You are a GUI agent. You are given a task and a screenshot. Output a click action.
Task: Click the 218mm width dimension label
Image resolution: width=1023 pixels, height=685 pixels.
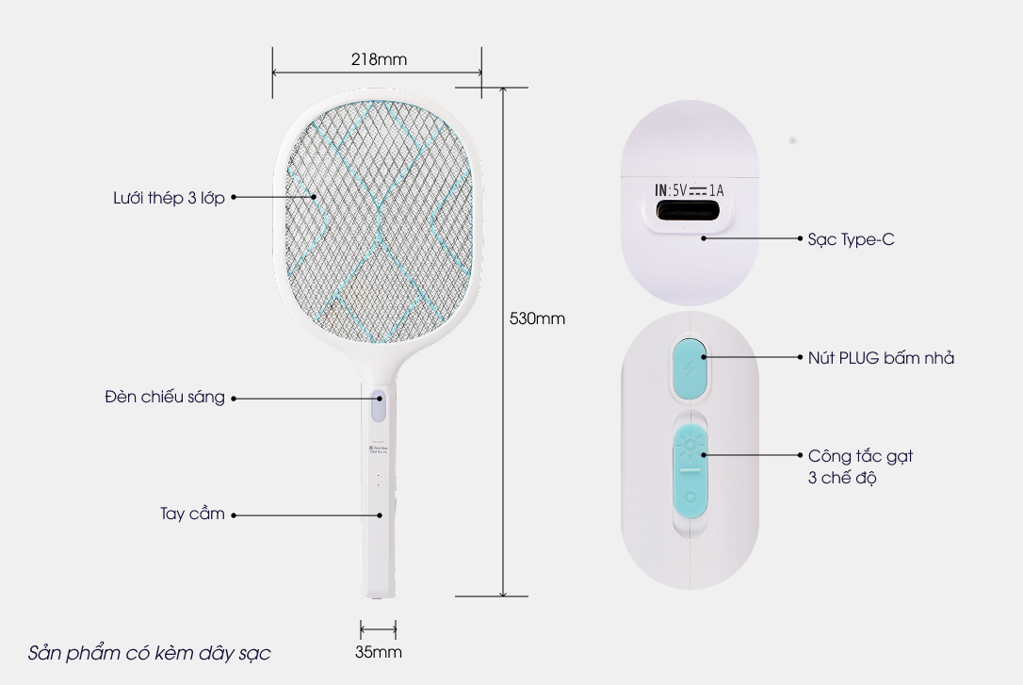click(379, 58)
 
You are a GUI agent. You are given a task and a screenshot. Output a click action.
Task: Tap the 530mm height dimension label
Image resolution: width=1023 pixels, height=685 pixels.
click(537, 318)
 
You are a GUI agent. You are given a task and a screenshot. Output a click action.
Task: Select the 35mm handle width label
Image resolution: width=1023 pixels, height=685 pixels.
click(377, 652)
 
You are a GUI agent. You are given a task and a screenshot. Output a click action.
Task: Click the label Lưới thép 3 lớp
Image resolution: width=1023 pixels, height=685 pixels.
click(167, 198)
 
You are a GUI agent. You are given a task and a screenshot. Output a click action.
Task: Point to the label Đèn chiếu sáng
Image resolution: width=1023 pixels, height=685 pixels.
click(165, 398)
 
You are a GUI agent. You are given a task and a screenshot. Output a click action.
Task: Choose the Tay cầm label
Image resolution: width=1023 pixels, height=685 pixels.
click(192, 514)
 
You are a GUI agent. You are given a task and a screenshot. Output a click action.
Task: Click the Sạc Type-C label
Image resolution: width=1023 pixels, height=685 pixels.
click(851, 239)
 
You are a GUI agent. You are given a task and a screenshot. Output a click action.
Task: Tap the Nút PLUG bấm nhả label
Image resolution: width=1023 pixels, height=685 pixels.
click(881, 358)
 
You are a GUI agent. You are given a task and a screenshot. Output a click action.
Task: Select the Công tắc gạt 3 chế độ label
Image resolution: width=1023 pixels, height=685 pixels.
click(860, 466)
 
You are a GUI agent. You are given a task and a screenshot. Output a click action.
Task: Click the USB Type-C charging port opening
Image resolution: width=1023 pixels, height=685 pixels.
click(690, 213)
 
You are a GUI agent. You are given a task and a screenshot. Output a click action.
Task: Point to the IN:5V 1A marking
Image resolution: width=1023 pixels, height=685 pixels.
click(689, 190)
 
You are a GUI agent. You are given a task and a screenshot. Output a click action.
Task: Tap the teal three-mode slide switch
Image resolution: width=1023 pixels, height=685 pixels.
click(690, 469)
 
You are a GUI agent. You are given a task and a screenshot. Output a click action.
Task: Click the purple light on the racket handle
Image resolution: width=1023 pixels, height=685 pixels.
click(378, 407)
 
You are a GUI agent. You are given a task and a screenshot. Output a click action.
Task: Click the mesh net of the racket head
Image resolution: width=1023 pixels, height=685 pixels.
click(377, 221)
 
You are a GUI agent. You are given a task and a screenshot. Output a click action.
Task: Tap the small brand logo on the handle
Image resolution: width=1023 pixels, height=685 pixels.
click(372, 449)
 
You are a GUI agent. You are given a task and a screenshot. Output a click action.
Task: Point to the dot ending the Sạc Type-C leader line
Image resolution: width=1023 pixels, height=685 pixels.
click(703, 239)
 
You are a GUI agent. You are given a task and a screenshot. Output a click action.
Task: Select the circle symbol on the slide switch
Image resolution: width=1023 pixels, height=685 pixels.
click(690, 496)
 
